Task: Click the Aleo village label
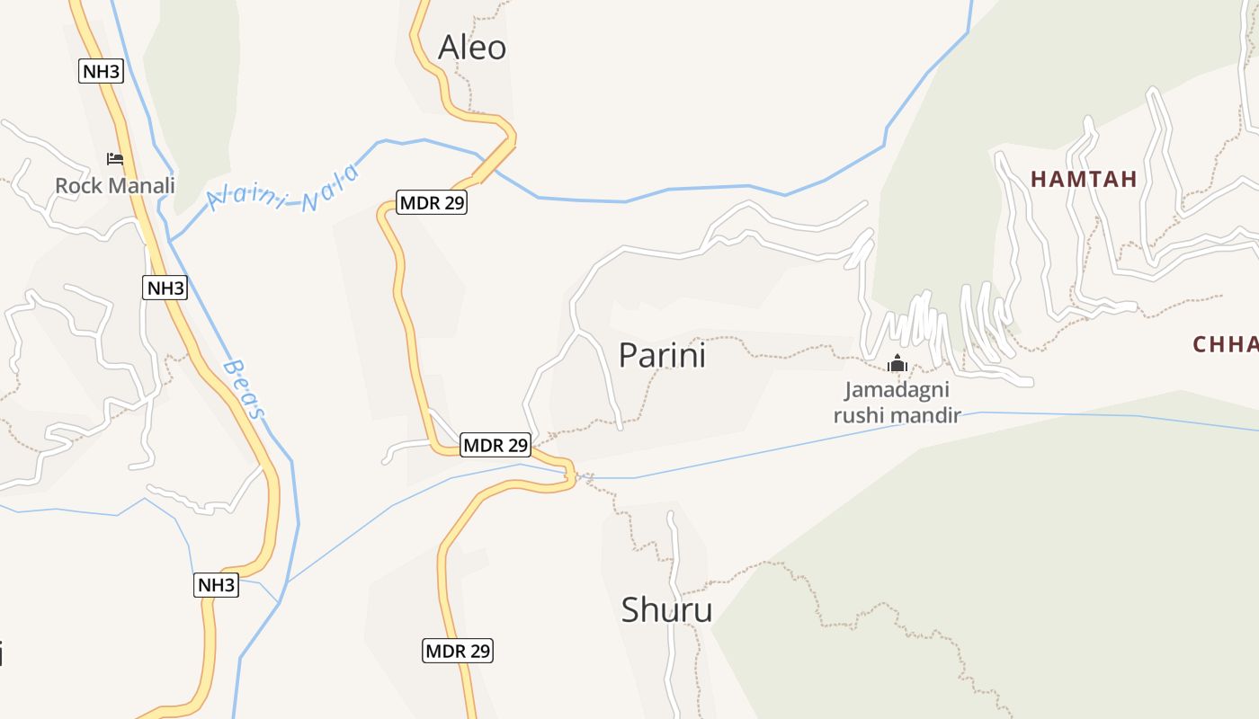click(472, 48)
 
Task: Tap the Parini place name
click(662, 356)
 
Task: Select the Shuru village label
click(666, 610)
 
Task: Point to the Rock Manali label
click(115, 186)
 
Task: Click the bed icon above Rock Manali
click(115, 159)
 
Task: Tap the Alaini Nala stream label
click(283, 190)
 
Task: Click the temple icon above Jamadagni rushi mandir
click(897, 364)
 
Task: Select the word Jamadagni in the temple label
click(897, 391)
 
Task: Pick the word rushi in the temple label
click(862, 414)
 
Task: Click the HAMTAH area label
click(1084, 179)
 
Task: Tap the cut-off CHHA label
click(1225, 344)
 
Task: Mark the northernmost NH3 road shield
click(101, 72)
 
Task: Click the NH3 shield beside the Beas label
click(165, 288)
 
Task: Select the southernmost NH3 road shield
click(217, 585)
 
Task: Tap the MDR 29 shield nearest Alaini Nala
click(433, 202)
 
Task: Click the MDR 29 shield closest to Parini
click(495, 444)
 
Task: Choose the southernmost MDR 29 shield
click(458, 651)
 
